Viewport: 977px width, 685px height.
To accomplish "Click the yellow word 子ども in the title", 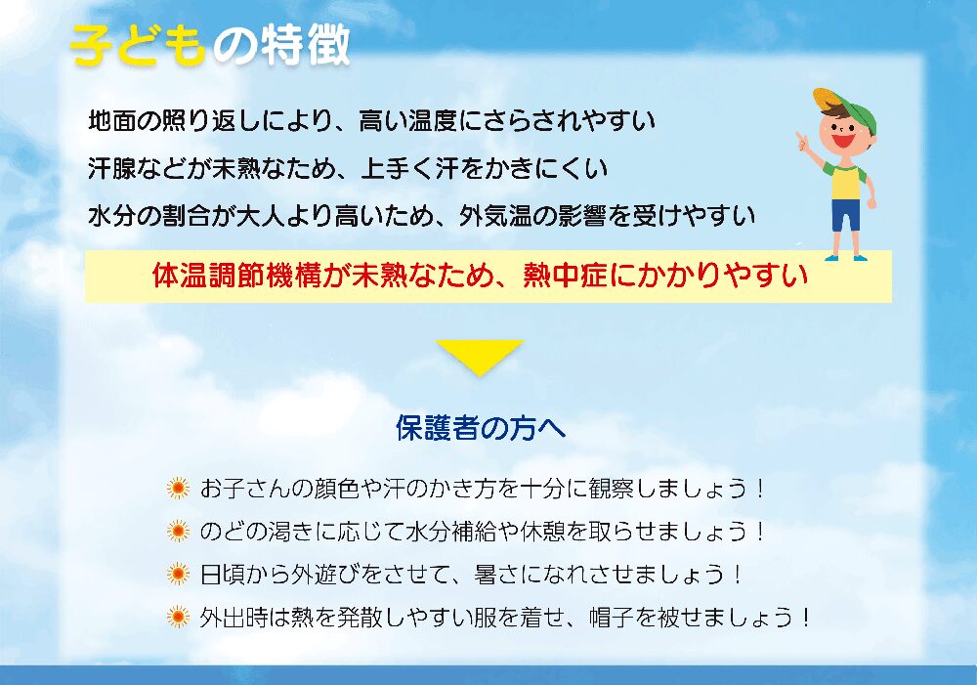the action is click(138, 46).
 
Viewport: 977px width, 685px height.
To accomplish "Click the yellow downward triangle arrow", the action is click(479, 357).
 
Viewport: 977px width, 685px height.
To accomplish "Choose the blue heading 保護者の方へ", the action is click(481, 428).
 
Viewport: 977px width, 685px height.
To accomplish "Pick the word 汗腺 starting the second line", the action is click(112, 168).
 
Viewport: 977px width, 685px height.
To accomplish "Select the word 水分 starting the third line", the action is click(112, 216).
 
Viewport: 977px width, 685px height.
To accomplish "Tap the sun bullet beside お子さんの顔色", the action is click(178, 488).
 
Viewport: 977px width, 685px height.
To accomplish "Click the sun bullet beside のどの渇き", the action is click(178, 531).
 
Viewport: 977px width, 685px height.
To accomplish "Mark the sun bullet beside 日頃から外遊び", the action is click(178, 574).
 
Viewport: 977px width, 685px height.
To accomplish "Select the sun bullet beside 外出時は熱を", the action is click(178, 617).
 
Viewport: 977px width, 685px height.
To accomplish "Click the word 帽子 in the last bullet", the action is click(613, 617).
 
